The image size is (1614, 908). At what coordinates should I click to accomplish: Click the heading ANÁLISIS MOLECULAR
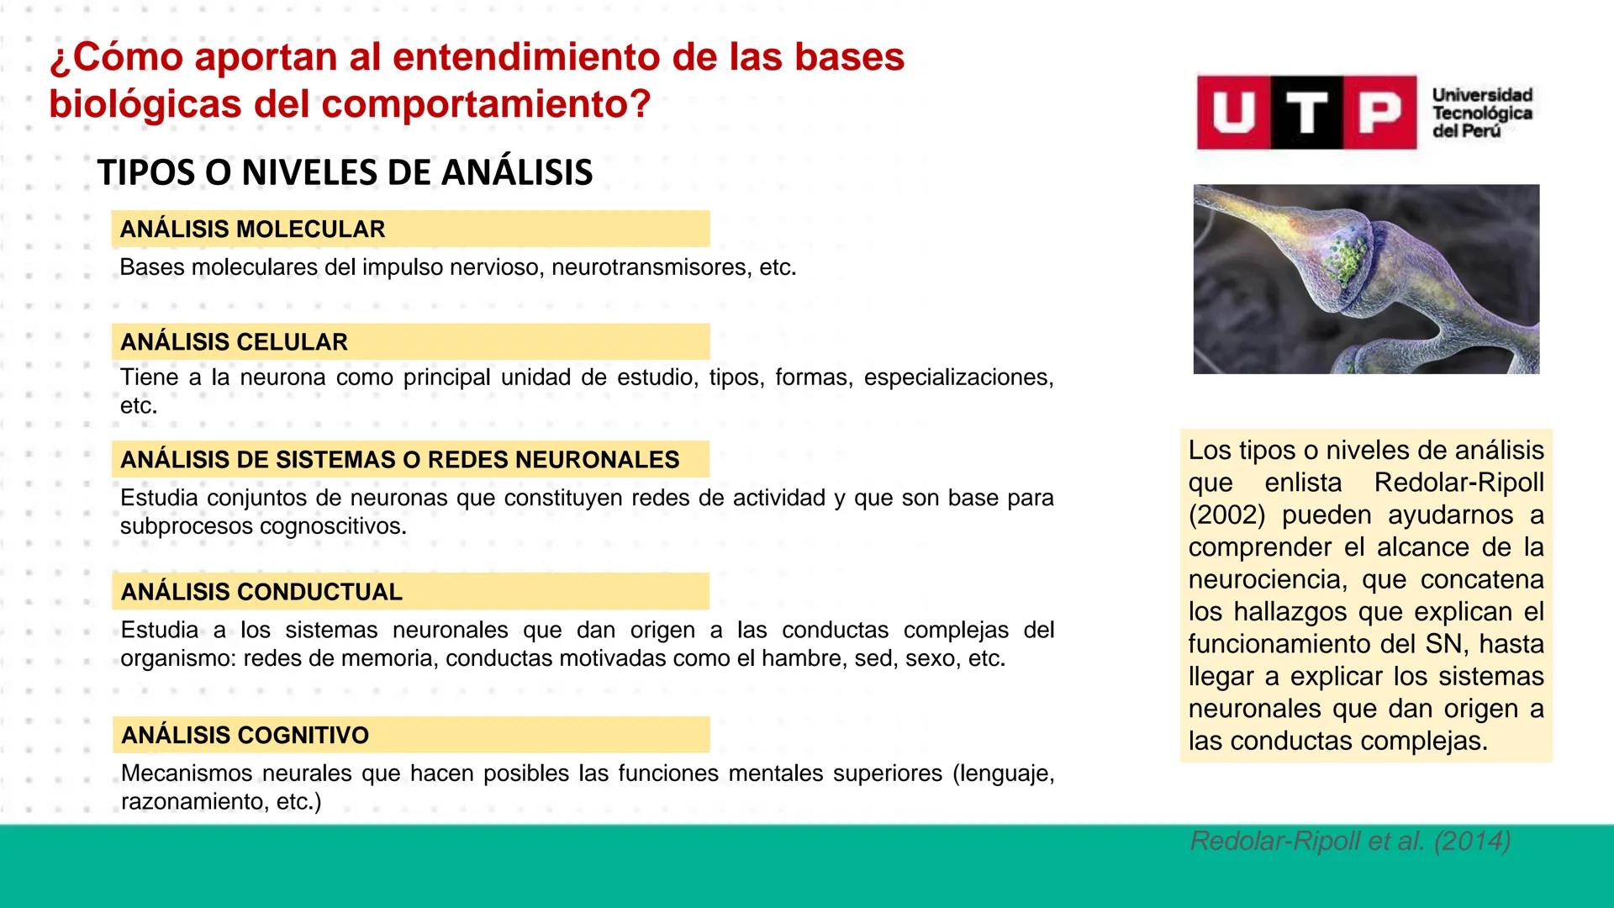click(x=252, y=230)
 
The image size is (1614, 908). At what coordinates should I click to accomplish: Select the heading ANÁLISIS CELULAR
click(x=234, y=342)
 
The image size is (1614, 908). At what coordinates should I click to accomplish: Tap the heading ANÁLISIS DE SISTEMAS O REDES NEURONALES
click(x=399, y=460)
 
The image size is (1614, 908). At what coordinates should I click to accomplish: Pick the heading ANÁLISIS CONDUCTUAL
click(x=261, y=592)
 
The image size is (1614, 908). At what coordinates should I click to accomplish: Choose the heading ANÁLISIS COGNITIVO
click(x=245, y=736)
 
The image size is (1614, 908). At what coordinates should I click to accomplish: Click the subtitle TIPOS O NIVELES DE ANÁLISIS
click(x=345, y=173)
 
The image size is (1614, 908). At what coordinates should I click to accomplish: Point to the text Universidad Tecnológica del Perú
click(x=1482, y=113)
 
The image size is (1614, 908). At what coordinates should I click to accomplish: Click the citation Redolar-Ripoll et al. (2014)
click(x=1350, y=842)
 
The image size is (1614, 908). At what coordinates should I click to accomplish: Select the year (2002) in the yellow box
click(x=1227, y=515)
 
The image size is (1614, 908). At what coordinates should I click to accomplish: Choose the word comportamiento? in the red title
click(x=486, y=104)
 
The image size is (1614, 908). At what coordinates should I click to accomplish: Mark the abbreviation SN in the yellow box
click(x=1445, y=645)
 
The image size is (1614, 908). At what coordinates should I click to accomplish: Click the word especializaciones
click(x=958, y=377)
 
